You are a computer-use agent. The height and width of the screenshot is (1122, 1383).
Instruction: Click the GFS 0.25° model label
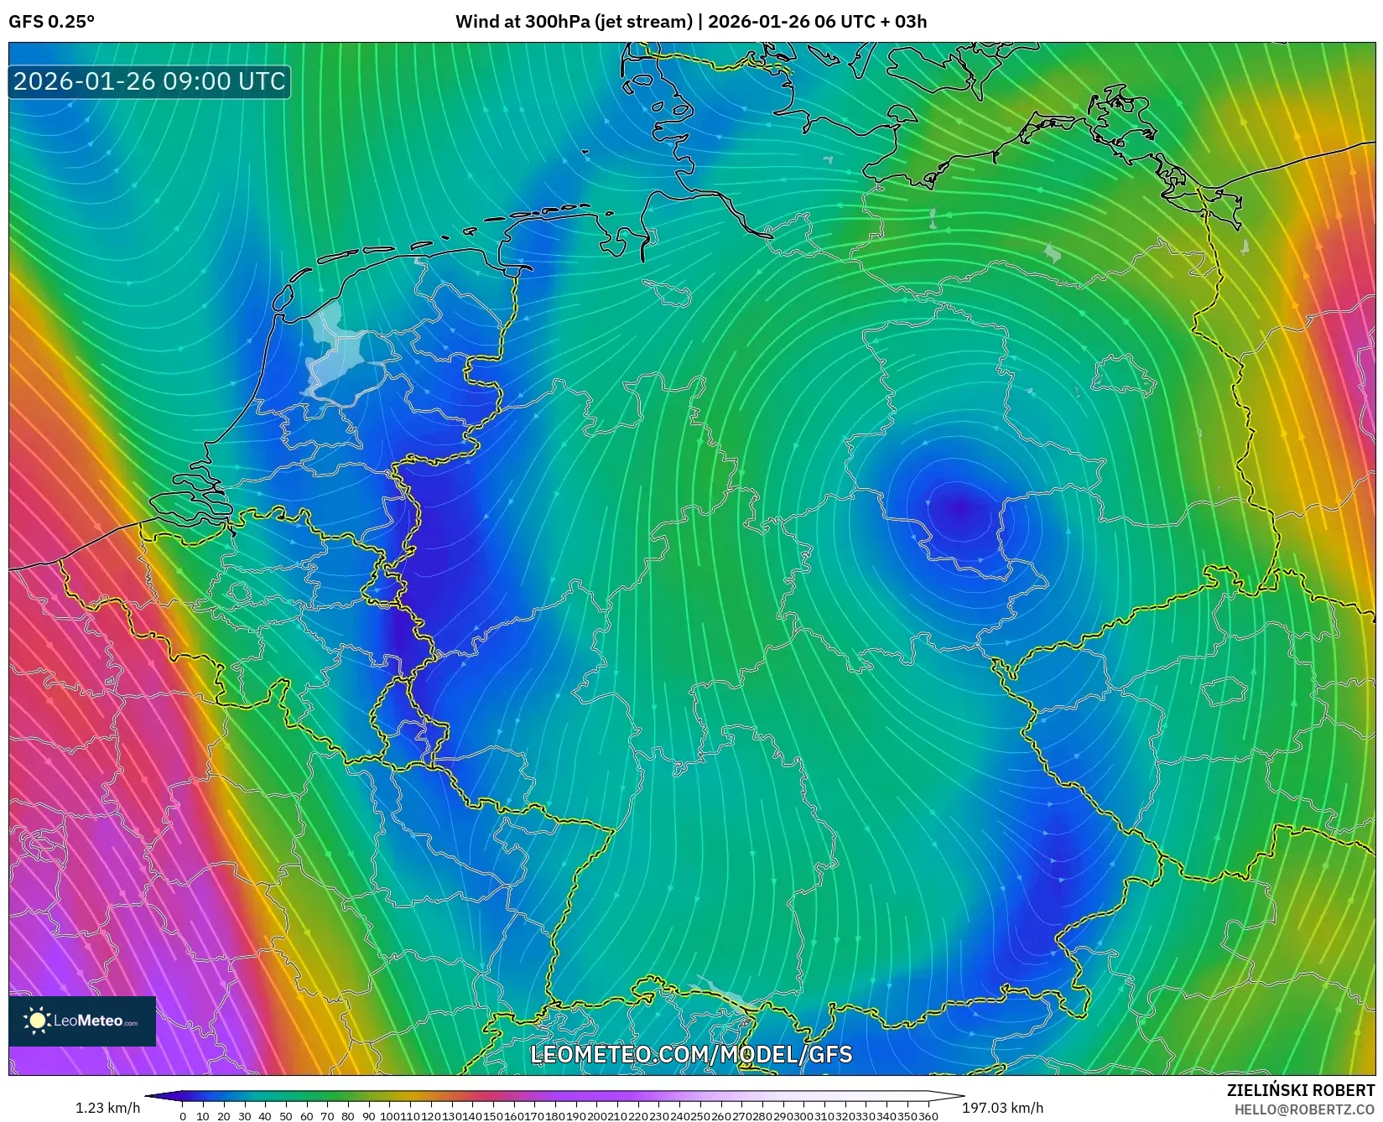click(x=51, y=22)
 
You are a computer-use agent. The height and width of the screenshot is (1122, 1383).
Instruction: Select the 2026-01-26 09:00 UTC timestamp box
click(x=149, y=81)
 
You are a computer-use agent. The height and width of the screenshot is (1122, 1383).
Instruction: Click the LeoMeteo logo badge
click(x=82, y=1021)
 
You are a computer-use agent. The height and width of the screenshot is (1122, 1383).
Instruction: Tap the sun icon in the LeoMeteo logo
click(x=38, y=1021)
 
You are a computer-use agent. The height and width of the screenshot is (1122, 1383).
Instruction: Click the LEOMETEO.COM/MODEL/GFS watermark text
click(x=691, y=1054)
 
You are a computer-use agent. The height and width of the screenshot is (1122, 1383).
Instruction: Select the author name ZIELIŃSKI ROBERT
click(x=1301, y=1091)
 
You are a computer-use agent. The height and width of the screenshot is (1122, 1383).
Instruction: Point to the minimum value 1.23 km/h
click(x=108, y=1108)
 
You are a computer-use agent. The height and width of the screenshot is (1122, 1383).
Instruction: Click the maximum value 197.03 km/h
click(x=1003, y=1108)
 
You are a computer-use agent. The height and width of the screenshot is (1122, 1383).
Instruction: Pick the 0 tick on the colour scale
click(x=183, y=1116)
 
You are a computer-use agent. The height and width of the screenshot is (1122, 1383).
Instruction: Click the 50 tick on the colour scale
click(x=285, y=1116)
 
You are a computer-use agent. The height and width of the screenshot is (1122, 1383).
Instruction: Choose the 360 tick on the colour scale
click(x=928, y=1116)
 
